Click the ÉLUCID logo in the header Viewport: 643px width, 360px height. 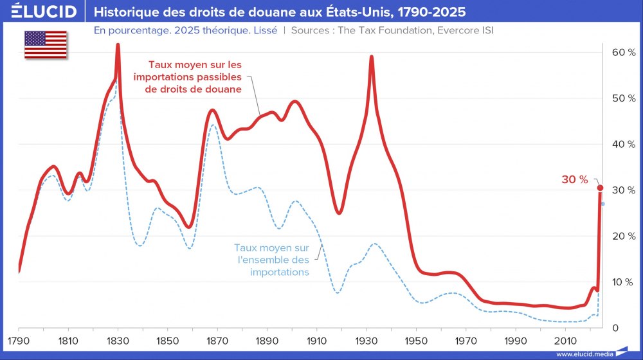[x=41, y=12]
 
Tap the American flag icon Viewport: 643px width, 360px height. [x=46, y=44]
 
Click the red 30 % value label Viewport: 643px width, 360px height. [x=575, y=180]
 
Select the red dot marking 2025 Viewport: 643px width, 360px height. [x=600, y=188]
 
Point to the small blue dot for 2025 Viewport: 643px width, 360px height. [x=602, y=204]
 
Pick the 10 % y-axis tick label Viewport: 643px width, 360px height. [x=622, y=282]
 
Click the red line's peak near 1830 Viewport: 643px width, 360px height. [x=118, y=45]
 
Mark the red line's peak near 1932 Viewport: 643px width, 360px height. [x=372, y=57]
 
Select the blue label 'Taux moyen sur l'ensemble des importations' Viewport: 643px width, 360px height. [x=271, y=260]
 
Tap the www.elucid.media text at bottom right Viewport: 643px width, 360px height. [x=584, y=354]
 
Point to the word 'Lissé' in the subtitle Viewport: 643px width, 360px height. [x=263, y=30]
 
